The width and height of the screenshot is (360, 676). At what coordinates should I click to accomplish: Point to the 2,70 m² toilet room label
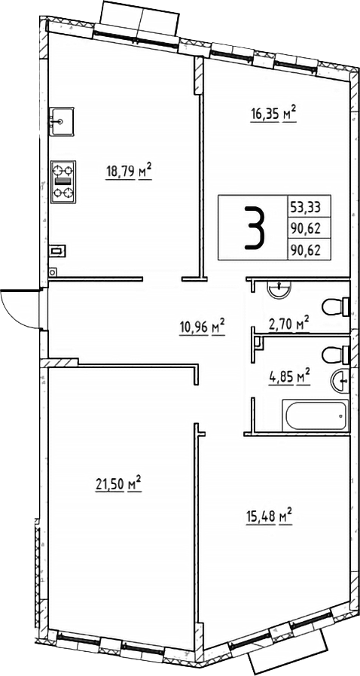(x=289, y=324)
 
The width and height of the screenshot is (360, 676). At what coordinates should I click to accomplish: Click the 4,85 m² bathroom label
(x=289, y=375)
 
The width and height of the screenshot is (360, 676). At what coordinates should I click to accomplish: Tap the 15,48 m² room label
(x=268, y=517)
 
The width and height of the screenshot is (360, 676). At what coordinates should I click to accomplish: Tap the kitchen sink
(x=59, y=118)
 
